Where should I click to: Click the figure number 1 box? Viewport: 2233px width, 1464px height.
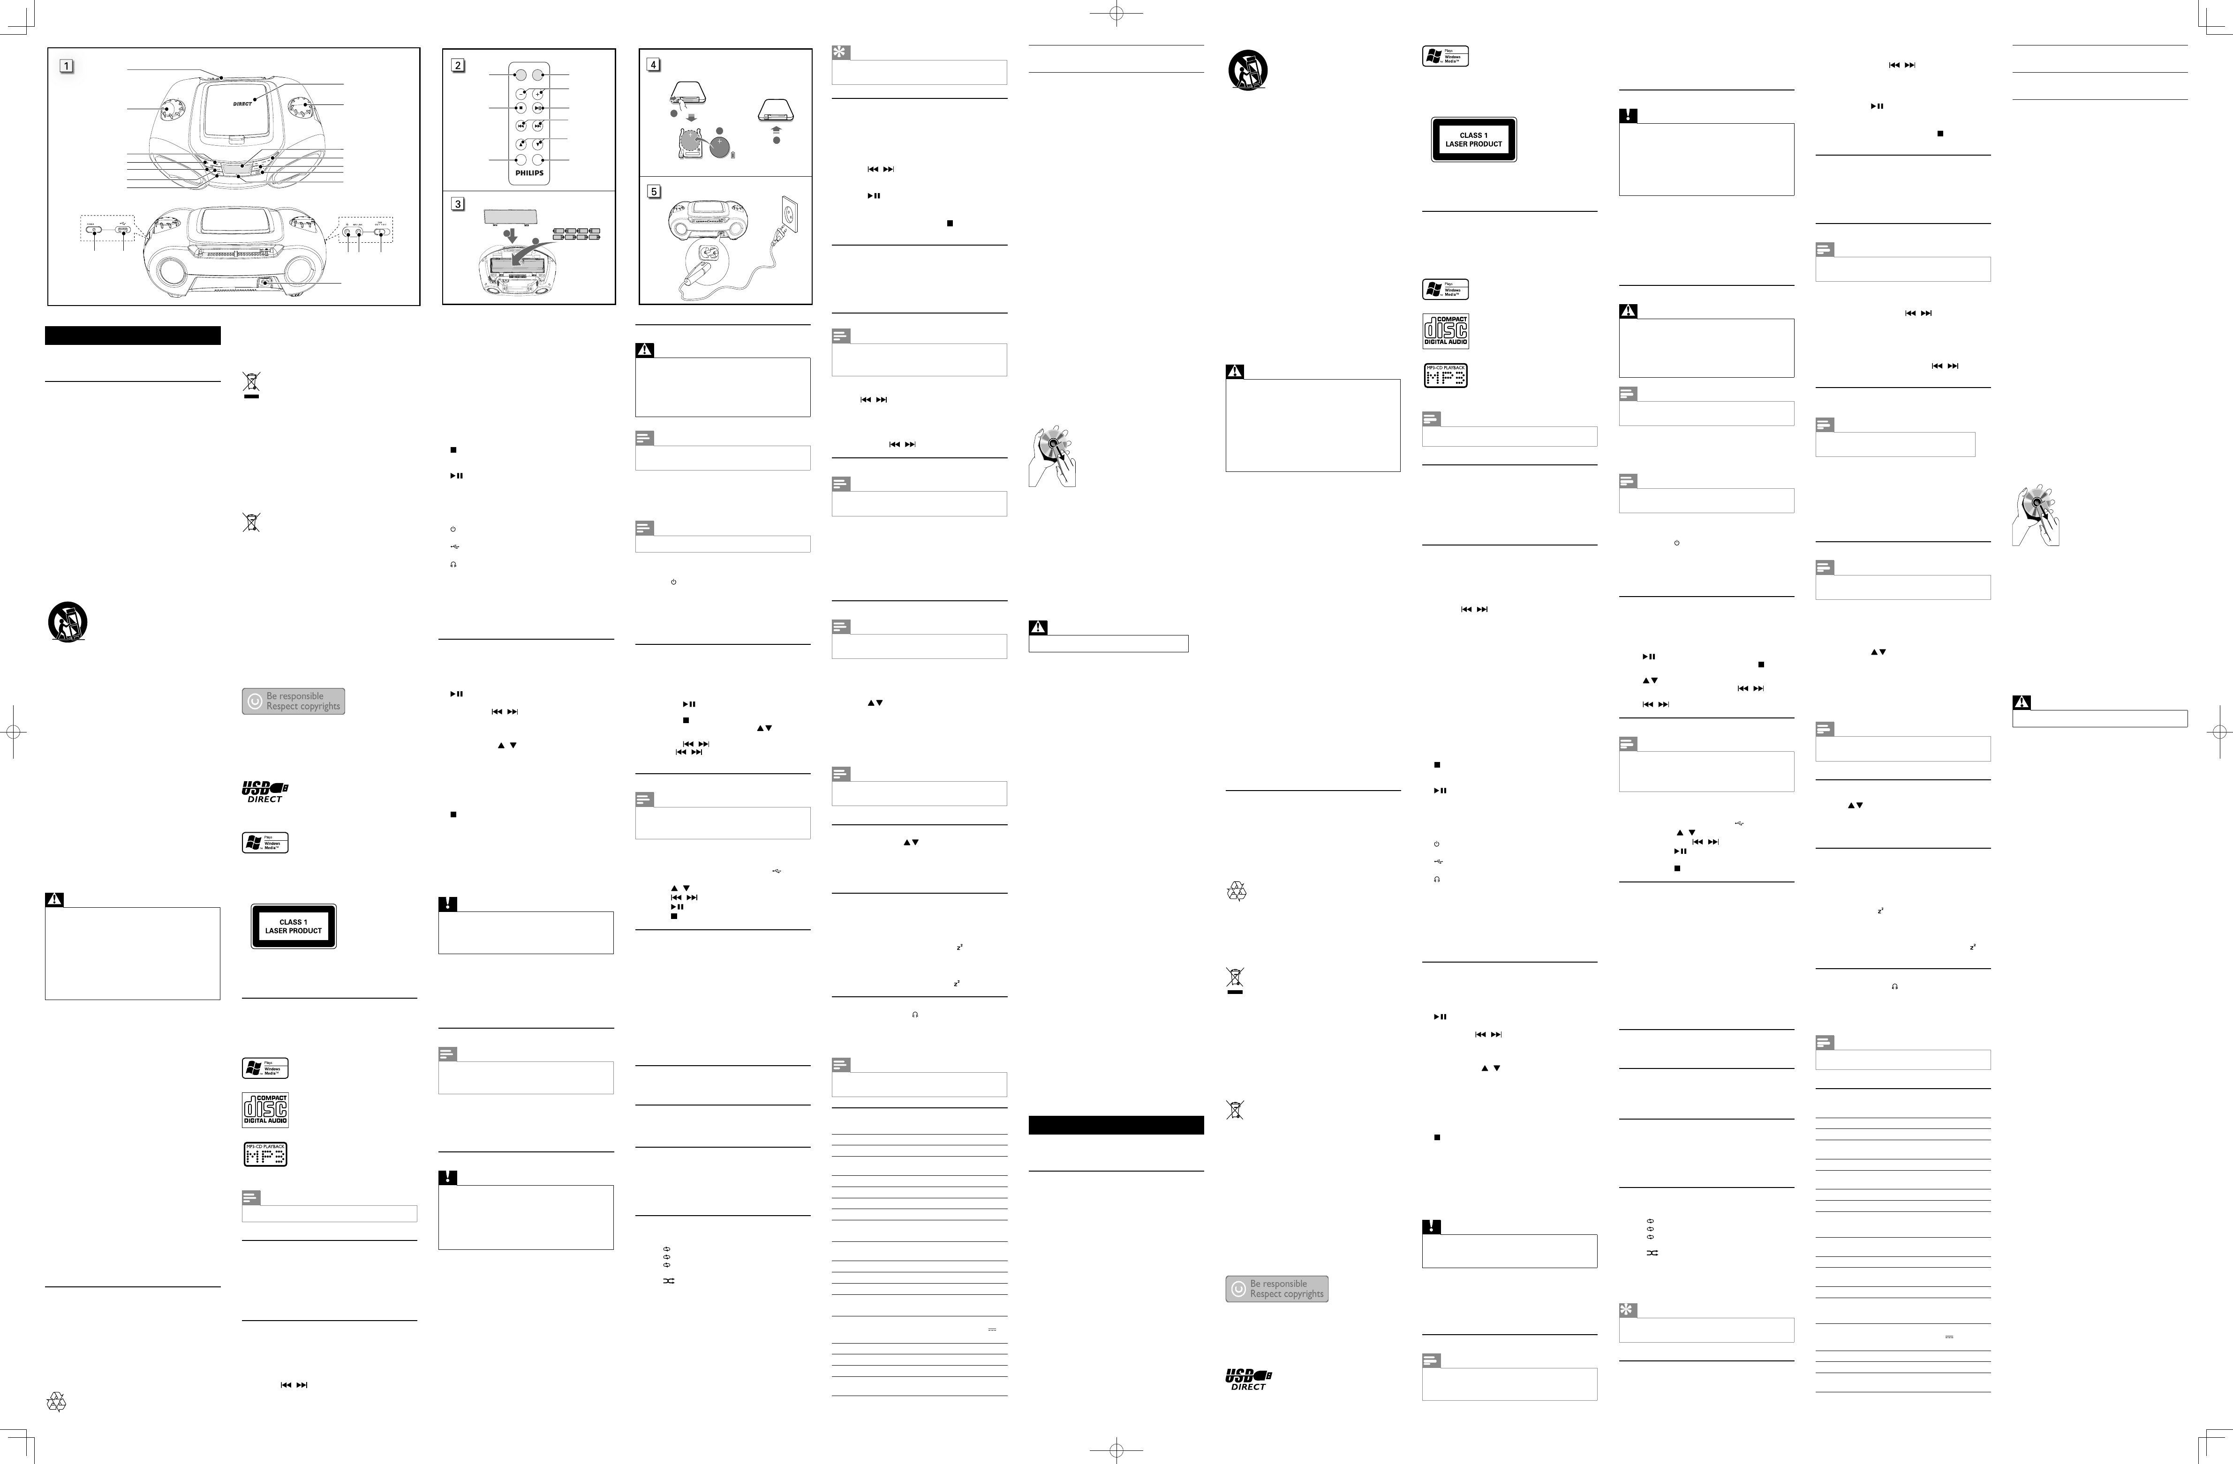pyautogui.click(x=67, y=66)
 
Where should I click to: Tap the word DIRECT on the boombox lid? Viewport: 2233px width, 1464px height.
pyautogui.click(x=242, y=104)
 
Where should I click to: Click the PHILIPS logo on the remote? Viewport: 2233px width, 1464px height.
pyautogui.click(x=529, y=172)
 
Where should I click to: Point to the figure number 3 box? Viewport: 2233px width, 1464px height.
pyautogui.click(x=458, y=203)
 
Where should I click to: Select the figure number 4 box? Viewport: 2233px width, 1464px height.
pyautogui.click(x=654, y=65)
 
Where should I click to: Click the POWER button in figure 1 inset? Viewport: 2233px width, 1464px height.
pyautogui.click(x=94, y=229)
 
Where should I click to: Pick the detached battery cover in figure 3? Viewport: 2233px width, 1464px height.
pyautogui.click(x=509, y=217)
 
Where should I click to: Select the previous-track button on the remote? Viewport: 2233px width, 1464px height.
pyautogui.click(x=521, y=126)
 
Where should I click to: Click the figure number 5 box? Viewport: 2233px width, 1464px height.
pyautogui.click(x=654, y=191)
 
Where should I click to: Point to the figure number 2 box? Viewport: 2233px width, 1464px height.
pyautogui.click(x=458, y=66)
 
